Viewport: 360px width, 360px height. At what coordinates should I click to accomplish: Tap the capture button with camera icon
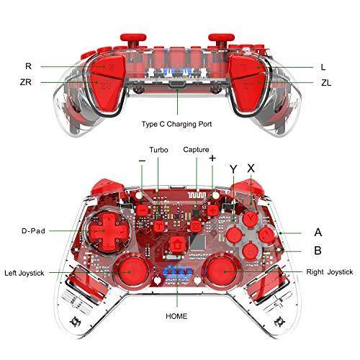197,226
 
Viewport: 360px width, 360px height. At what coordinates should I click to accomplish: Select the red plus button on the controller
212,211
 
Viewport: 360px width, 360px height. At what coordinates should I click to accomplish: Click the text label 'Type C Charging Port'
176,125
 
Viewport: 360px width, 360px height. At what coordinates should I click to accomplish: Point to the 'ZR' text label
26,82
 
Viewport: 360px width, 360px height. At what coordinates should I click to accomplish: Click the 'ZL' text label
326,83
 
